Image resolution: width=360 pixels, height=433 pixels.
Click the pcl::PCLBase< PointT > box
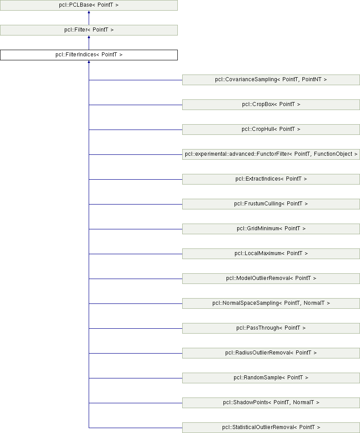(x=89, y=5)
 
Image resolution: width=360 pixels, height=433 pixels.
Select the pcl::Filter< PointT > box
(x=89, y=30)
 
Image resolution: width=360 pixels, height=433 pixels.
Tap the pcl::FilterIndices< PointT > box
(x=89, y=55)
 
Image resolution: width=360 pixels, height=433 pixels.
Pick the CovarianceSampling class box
(x=271, y=80)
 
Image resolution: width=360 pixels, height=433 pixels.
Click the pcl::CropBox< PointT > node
(x=271, y=105)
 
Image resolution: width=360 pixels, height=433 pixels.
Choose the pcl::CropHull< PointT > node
(x=271, y=130)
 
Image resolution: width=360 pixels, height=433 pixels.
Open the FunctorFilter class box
(x=271, y=154)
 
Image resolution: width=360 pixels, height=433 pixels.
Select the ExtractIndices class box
(x=271, y=179)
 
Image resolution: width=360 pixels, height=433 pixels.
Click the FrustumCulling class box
(x=271, y=204)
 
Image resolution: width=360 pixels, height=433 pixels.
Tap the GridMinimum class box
(x=271, y=229)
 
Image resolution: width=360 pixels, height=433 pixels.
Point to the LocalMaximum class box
(x=271, y=254)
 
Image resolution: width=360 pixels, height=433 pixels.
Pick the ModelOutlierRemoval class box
(x=271, y=279)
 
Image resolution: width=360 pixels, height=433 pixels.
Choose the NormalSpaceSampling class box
(x=271, y=303)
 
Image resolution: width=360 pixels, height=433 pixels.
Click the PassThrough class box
(x=271, y=328)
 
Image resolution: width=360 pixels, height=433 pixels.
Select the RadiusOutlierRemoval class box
(x=271, y=353)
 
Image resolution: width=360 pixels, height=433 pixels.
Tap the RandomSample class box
(x=271, y=378)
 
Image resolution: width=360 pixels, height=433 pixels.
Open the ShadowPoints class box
(x=271, y=403)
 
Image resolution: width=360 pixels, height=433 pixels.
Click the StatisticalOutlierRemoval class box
(x=271, y=428)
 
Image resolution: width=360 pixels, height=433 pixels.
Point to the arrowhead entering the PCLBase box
(x=89, y=13)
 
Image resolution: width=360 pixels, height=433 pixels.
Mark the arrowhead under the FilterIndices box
(x=89, y=63)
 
